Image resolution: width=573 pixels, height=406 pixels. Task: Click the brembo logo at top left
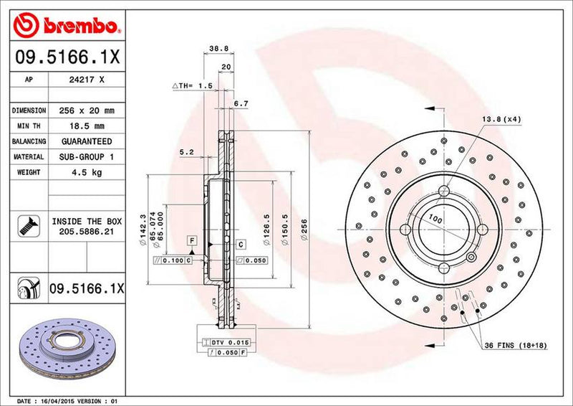coord(64,27)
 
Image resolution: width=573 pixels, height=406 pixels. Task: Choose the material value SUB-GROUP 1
coord(87,156)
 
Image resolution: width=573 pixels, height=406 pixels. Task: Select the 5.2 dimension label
coord(187,152)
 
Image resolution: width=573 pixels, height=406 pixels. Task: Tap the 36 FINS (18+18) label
coord(516,346)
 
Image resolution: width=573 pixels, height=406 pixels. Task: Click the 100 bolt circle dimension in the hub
coord(434,217)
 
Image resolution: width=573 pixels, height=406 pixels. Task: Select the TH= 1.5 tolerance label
coord(192,85)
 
